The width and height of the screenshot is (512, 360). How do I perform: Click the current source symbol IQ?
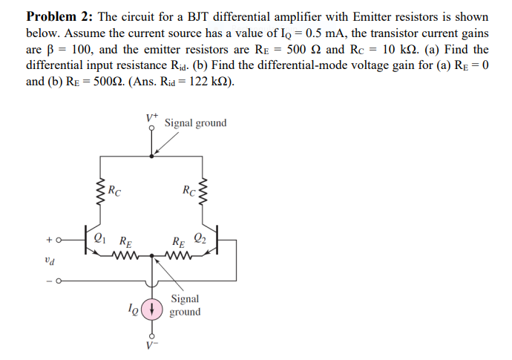coord(152,308)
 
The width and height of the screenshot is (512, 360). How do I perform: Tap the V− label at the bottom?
coord(152,350)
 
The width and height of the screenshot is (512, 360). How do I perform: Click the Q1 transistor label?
coord(100,238)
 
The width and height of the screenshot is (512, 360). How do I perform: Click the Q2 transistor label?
coord(200,238)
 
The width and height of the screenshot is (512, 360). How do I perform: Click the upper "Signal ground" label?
coord(195,122)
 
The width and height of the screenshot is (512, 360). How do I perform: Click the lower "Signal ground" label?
coord(184,305)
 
